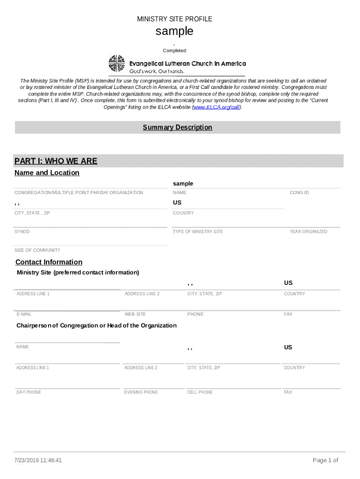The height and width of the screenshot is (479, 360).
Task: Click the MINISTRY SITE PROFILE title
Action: tap(174, 19)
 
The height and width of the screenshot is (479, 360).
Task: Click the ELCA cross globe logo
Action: tap(115, 64)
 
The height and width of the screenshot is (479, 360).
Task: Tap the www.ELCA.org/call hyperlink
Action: tap(217, 107)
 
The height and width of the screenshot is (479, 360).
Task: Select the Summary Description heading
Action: tap(177, 128)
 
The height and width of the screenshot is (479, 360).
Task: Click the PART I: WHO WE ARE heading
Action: tap(56, 161)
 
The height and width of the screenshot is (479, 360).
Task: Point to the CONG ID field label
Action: tap(299, 193)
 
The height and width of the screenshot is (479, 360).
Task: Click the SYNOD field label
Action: tap(22, 232)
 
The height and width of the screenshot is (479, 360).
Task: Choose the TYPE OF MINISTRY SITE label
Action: tap(198, 232)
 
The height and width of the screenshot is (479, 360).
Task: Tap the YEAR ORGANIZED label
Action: tap(308, 232)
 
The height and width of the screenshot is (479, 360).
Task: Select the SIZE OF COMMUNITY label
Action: tap(37, 250)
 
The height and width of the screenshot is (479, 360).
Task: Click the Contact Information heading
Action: tap(49, 262)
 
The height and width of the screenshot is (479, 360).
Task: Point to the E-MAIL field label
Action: tap(24, 314)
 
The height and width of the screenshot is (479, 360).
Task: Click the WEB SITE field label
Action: tap(135, 314)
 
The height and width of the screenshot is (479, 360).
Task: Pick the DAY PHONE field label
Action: tap(29, 392)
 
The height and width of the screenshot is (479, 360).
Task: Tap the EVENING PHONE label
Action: tap(141, 392)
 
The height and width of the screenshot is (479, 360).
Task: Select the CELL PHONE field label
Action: tap(200, 392)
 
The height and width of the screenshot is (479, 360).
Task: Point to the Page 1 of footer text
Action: tap(325, 460)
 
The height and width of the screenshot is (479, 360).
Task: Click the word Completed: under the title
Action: tap(174, 51)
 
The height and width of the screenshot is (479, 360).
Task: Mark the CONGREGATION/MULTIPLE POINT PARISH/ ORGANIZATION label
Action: tap(79, 193)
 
